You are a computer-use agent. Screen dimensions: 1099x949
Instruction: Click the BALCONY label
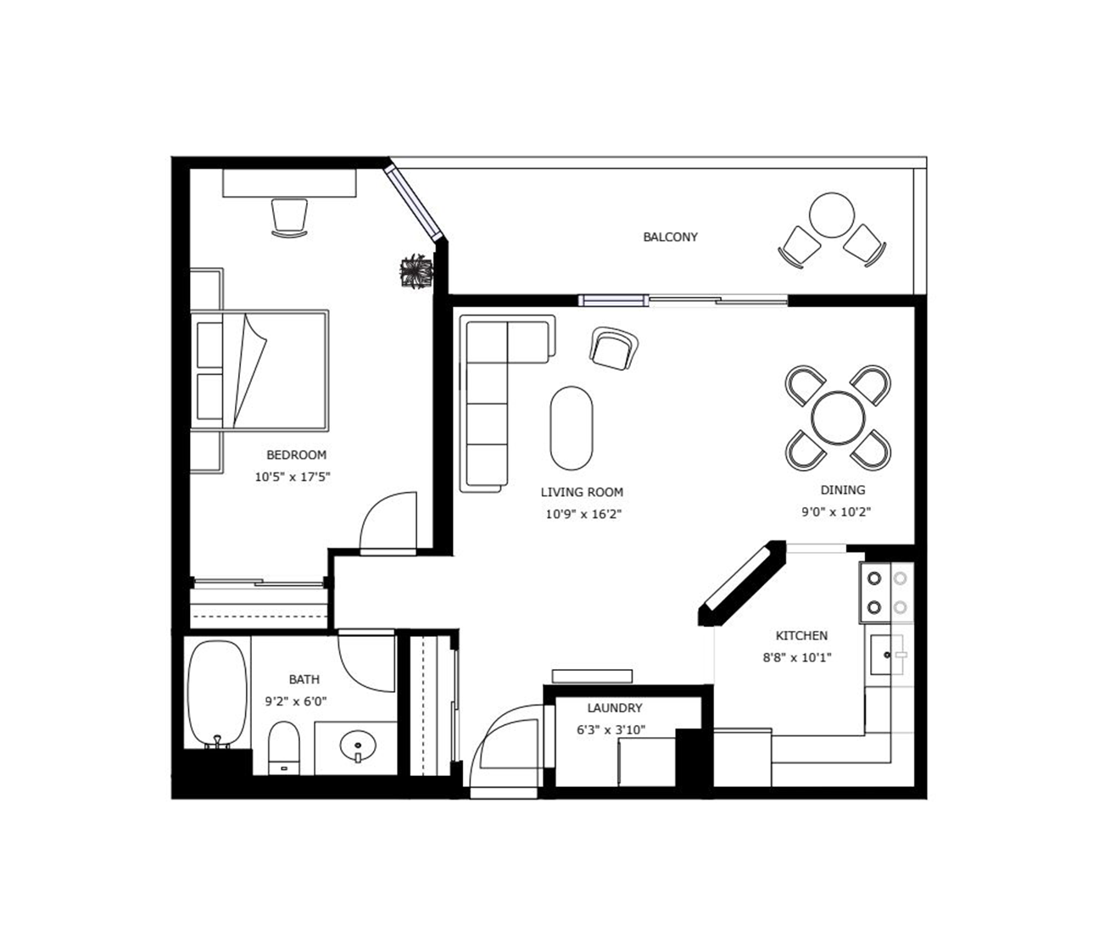tap(670, 237)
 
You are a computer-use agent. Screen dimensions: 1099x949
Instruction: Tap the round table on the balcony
tap(832, 215)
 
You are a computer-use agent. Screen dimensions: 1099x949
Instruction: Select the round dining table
tap(838, 417)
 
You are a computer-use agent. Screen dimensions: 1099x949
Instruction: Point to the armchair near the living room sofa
tap(614, 349)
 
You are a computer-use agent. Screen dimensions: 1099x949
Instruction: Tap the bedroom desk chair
tap(289, 218)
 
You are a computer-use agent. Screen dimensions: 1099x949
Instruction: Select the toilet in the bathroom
tap(284, 748)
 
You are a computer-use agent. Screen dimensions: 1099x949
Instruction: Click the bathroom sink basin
tap(358, 746)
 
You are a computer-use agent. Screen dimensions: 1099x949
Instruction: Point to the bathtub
tap(218, 694)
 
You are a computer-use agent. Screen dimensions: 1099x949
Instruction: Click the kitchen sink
tap(887, 655)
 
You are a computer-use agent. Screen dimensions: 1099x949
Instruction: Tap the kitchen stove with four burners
tap(886, 592)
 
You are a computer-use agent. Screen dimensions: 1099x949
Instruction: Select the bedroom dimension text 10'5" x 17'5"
tap(293, 477)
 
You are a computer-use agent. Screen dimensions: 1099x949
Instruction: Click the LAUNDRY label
tap(615, 708)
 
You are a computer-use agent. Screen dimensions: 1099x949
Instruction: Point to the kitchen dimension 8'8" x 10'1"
tap(797, 657)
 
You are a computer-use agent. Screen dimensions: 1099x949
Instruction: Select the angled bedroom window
tap(414, 202)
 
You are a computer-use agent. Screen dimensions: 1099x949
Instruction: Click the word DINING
tap(843, 489)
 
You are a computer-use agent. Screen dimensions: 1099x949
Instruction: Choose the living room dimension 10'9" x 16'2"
tap(583, 514)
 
